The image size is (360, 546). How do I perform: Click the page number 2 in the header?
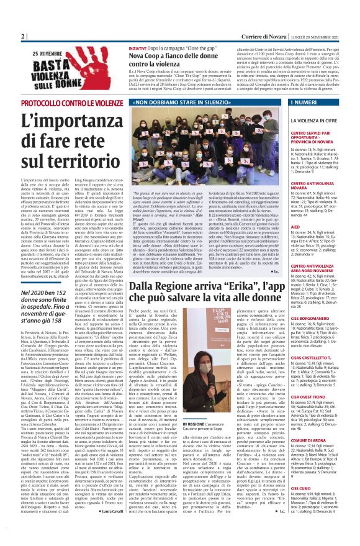pos(22,37)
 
